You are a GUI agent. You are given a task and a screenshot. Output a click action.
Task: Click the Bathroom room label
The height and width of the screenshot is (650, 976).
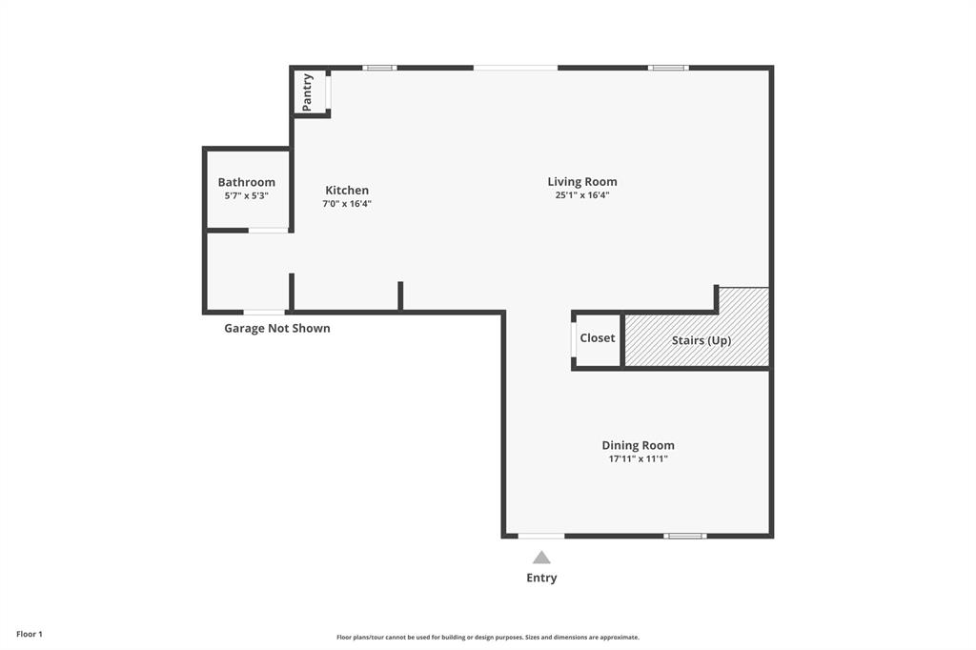point(246,182)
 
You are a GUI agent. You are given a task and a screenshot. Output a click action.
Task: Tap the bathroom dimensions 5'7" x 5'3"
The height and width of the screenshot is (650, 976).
point(246,195)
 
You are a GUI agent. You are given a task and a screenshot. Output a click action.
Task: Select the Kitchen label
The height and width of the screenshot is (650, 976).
point(347,190)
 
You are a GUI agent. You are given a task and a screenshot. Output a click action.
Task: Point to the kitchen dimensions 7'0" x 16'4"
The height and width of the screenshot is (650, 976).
point(347,203)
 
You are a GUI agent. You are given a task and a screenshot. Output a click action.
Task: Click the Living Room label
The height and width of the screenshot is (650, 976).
point(581,181)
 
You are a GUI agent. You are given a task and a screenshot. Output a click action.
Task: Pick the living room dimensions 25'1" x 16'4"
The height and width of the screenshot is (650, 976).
point(581,194)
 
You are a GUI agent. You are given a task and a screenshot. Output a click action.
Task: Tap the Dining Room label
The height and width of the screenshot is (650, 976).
point(638,445)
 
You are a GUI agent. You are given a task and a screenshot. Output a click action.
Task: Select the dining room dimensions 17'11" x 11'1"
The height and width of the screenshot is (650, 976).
point(638,458)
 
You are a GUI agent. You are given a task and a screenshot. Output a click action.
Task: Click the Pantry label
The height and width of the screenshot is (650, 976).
point(308,92)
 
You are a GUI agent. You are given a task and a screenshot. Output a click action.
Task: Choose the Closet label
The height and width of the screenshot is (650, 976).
point(598,338)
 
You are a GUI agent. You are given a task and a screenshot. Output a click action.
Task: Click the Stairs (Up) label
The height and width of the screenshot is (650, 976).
point(701,340)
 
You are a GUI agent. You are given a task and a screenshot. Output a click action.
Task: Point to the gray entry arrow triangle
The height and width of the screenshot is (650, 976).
point(541,558)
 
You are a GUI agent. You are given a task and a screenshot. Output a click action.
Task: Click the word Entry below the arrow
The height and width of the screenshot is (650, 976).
point(541,578)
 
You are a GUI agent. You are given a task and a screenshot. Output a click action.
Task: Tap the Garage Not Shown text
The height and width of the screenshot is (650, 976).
point(277,328)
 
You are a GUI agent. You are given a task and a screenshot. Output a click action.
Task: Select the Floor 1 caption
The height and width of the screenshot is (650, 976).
point(30,634)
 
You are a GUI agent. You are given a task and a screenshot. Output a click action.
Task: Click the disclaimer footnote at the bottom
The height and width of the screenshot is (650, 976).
point(487,638)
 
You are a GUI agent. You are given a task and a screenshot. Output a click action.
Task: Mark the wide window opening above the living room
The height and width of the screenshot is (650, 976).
point(516,68)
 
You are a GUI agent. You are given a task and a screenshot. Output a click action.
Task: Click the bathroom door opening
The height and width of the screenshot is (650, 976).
point(268,230)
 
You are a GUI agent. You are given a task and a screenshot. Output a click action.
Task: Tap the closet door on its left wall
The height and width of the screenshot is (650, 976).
point(574,338)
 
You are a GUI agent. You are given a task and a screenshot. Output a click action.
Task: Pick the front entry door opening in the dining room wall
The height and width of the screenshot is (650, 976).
point(540,536)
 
